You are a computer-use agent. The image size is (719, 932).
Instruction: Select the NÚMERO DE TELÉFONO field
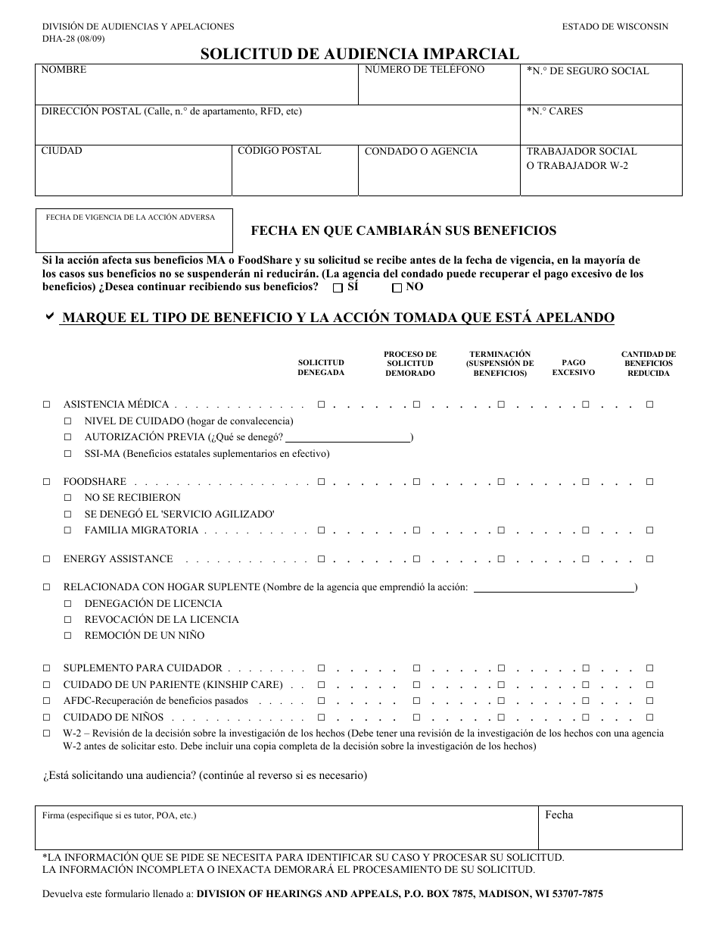(439, 89)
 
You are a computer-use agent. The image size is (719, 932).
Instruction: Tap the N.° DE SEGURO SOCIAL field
(601, 89)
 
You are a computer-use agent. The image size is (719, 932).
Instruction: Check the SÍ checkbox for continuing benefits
(338, 288)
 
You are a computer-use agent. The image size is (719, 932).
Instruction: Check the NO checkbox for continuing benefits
(397, 288)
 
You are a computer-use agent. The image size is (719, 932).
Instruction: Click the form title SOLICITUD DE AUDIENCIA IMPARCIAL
(359, 54)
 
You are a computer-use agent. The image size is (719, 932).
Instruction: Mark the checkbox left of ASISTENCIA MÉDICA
(47, 405)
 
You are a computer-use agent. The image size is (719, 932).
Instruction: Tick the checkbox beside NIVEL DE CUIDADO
(68, 421)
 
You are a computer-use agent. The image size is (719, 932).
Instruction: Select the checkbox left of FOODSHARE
(47, 482)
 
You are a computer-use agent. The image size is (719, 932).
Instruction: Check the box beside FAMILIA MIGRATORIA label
(68, 530)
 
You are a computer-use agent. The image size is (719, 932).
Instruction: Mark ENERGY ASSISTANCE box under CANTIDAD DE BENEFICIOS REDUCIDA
(649, 559)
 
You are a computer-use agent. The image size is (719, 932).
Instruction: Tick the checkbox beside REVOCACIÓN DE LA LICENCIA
(68, 620)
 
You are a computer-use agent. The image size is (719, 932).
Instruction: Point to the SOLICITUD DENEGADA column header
(321, 367)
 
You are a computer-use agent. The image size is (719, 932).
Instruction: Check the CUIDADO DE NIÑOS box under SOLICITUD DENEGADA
(321, 717)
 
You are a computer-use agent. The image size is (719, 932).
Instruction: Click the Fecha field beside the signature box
(610, 831)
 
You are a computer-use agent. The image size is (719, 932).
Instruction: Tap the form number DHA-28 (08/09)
(73, 39)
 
